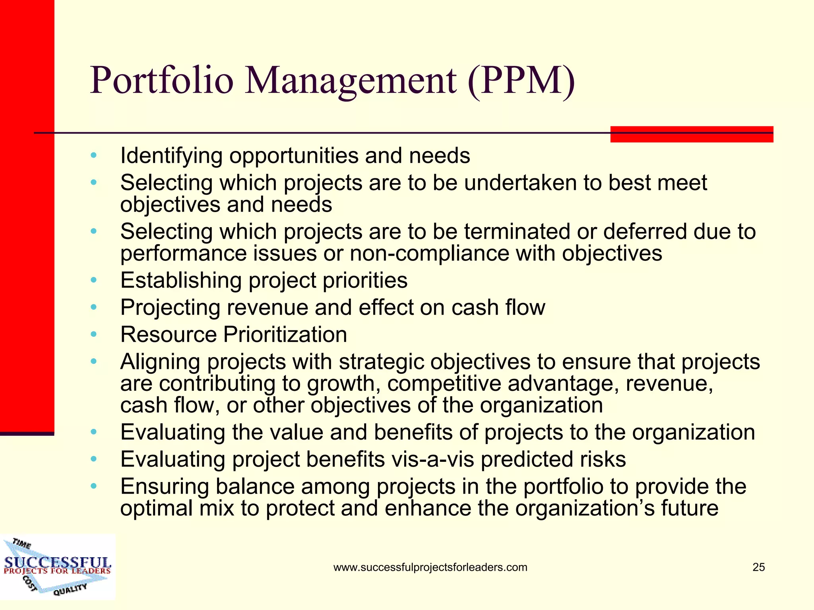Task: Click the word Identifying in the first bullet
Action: point(171,156)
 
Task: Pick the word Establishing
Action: point(181,280)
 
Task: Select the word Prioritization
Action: point(285,334)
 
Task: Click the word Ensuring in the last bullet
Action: point(165,486)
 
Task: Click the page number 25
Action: point(758,567)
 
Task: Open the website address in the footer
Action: point(430,567)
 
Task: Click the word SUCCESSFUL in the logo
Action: point(57,562)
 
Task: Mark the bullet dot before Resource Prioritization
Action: point(93,334)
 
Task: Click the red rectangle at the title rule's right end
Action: point(692,134)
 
